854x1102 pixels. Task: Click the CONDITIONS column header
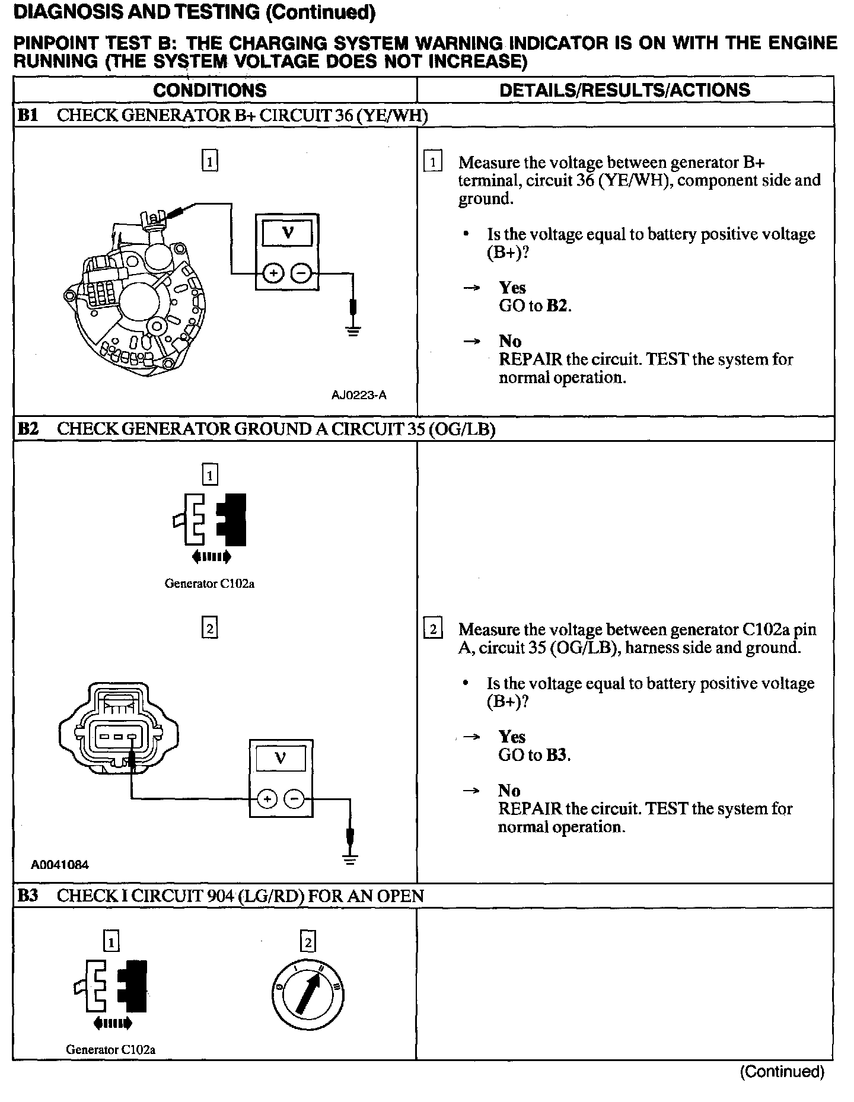tap(210, 90)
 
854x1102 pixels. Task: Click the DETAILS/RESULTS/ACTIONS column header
tap(624, 90)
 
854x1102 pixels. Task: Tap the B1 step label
tap(28, 115)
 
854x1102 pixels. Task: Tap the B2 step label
tap(28, 429)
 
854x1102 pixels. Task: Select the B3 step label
tap(28, 896)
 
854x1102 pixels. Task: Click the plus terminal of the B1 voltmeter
tap(273, 273)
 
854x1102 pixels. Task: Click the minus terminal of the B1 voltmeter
tap(301, 273)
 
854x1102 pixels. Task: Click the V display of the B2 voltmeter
tap(281, 758)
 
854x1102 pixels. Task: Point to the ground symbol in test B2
tap(350, 858)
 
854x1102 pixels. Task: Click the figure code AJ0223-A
tap(359, 396)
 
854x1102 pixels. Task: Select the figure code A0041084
tap(60, 865)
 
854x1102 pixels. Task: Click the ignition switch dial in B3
tap(308, 993)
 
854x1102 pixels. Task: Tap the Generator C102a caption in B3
tap(111, 1049)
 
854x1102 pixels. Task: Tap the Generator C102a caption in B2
tap(209, 584)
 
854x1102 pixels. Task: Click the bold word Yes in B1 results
tap(512, 288)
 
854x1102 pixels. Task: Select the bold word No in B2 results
tap(509, 791)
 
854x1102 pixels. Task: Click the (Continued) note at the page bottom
tap(782, 1072)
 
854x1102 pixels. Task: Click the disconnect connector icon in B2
tap(211, 520)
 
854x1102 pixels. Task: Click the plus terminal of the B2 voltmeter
tap(267, 800)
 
